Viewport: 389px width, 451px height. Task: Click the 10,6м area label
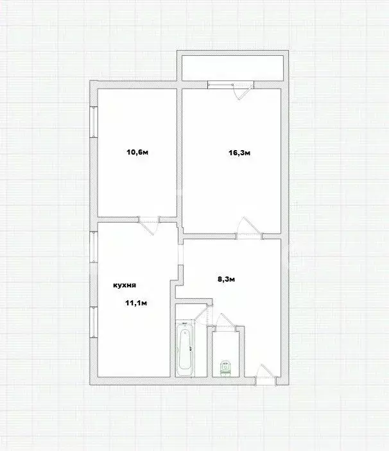click(x=137, y=152)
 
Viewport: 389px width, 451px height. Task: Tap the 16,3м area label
click(x=239, y=153)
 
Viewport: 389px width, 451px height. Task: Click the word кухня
click(x=125, y=285)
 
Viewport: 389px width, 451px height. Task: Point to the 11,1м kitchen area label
click(x=136, y=303)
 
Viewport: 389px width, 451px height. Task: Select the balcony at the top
click(x=232, y=68)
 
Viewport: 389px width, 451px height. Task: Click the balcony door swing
click(x=244, y=90)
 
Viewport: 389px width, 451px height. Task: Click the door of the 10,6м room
click(x=149, y=226)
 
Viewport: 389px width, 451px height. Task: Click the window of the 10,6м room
click(x=94, y=121)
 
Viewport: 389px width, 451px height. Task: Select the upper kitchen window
click(x=94, y=247)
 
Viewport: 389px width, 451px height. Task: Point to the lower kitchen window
click(x=94, y=322)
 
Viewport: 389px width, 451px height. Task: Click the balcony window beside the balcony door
click(x=221, y=85)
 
